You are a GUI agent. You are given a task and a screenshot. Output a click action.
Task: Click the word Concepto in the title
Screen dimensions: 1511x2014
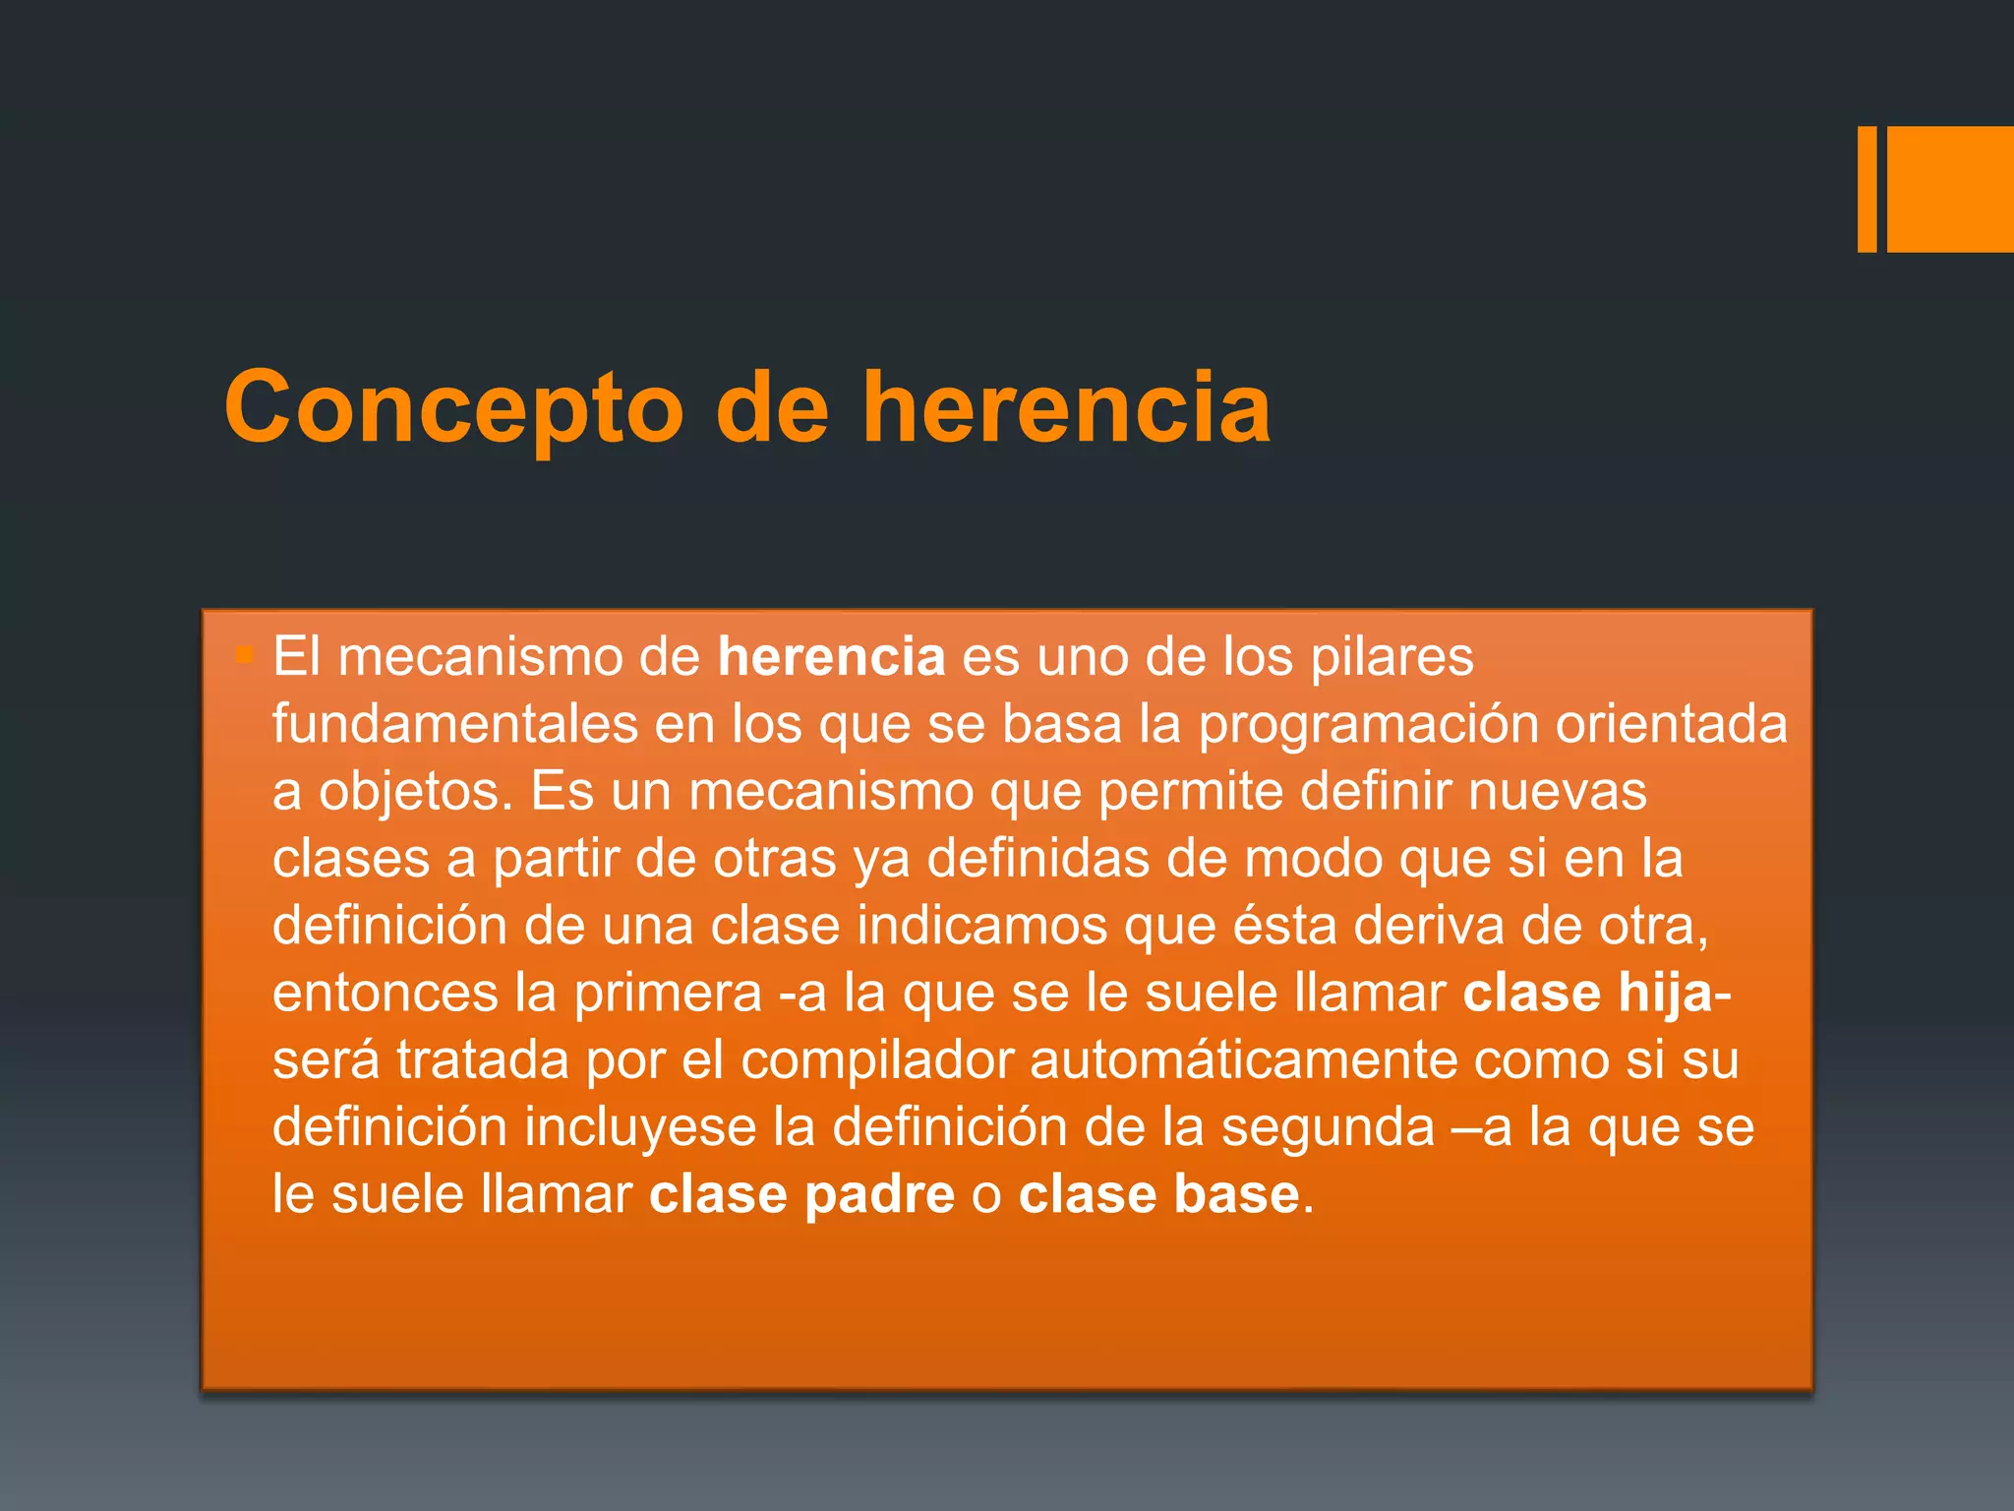click(453, 408)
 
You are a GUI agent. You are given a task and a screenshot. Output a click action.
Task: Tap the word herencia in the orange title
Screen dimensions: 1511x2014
click(1066, 406)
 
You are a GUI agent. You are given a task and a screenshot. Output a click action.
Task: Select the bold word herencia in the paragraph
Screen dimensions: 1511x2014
click(831, 656)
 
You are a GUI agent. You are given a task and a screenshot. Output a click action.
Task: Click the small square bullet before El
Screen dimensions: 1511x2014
click(245, 654)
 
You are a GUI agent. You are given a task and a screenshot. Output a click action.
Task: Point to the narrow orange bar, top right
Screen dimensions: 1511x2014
click(1866, 189)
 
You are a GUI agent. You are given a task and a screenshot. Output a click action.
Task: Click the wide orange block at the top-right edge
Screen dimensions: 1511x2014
click(1950, 189)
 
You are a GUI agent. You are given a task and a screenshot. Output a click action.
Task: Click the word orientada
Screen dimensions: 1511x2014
click(1671, 724)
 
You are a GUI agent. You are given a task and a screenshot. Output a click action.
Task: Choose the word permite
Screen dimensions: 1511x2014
click(1190, 792)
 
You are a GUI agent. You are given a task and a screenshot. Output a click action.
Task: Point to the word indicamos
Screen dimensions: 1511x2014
click(981, 926)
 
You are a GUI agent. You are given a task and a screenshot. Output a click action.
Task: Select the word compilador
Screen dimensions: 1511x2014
click(877, 1060)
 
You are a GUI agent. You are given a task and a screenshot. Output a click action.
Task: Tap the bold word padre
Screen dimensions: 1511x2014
click(879, 1195)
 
